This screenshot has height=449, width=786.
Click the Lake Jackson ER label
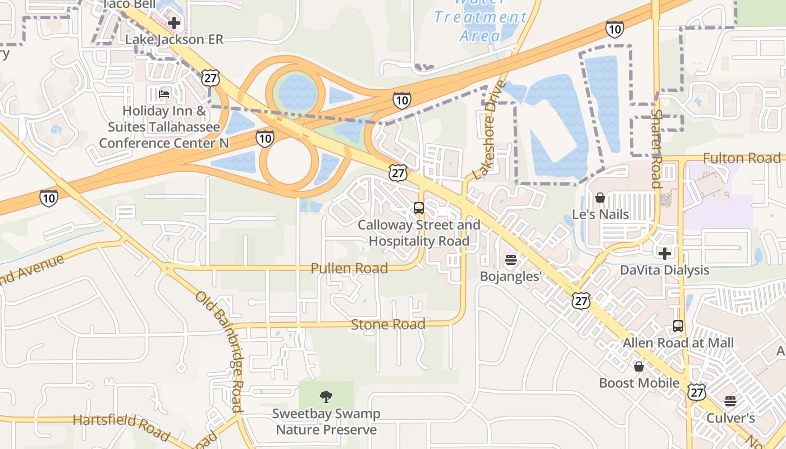tap(174, 40)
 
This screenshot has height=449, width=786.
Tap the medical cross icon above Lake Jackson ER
tap(174, 23)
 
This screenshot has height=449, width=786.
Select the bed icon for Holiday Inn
tap(164, 94)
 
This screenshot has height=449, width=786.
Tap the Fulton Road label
tap(741, 159)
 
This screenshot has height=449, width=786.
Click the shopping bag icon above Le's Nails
tap(600, 198)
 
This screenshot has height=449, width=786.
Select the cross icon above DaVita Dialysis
tap(665, 253)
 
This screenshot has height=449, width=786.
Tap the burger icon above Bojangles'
tap(510, 260)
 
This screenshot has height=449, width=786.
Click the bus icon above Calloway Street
tap(419, 208)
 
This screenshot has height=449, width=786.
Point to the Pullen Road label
tap(349, 268)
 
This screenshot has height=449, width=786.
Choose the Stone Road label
tap(388, 324)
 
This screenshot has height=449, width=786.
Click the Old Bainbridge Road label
tap(220, 353)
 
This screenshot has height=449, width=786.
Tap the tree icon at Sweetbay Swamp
tap(326, 397)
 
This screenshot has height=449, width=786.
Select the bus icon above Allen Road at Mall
tap(678, 326)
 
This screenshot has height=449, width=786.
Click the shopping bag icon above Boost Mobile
tap(638, 366)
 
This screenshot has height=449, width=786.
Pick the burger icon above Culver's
tap(730, 401)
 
